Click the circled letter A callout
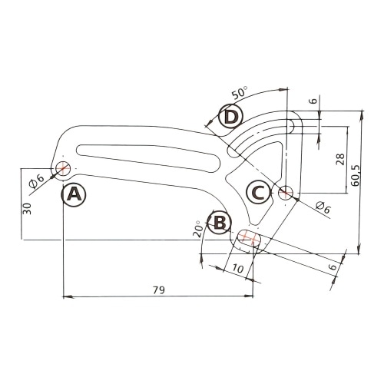(x=74, y=194)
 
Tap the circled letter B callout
(x=220, y=223)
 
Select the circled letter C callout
(x=259, y=192)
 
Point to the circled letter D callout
(x=230, y=118)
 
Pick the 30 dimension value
(x=26, y=209)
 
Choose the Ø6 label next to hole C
(x=323, y=207)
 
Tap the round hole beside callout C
(x=286, y=191)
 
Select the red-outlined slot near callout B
(x=248, y=239)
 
